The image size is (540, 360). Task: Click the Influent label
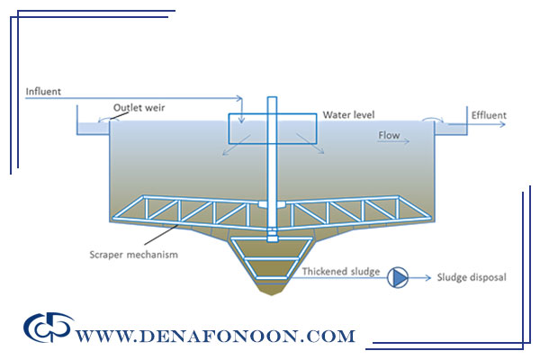tap(45, 91)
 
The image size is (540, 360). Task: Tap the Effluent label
tap(488, 115)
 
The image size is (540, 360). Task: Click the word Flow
tap(388, 136)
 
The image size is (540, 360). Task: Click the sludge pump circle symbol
tap(397, 278)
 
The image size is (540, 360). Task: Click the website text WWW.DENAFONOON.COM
tap(215, 337)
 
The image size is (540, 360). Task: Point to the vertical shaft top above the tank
tap(270, 102)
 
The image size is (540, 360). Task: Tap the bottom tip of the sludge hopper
tap(271, 294)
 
